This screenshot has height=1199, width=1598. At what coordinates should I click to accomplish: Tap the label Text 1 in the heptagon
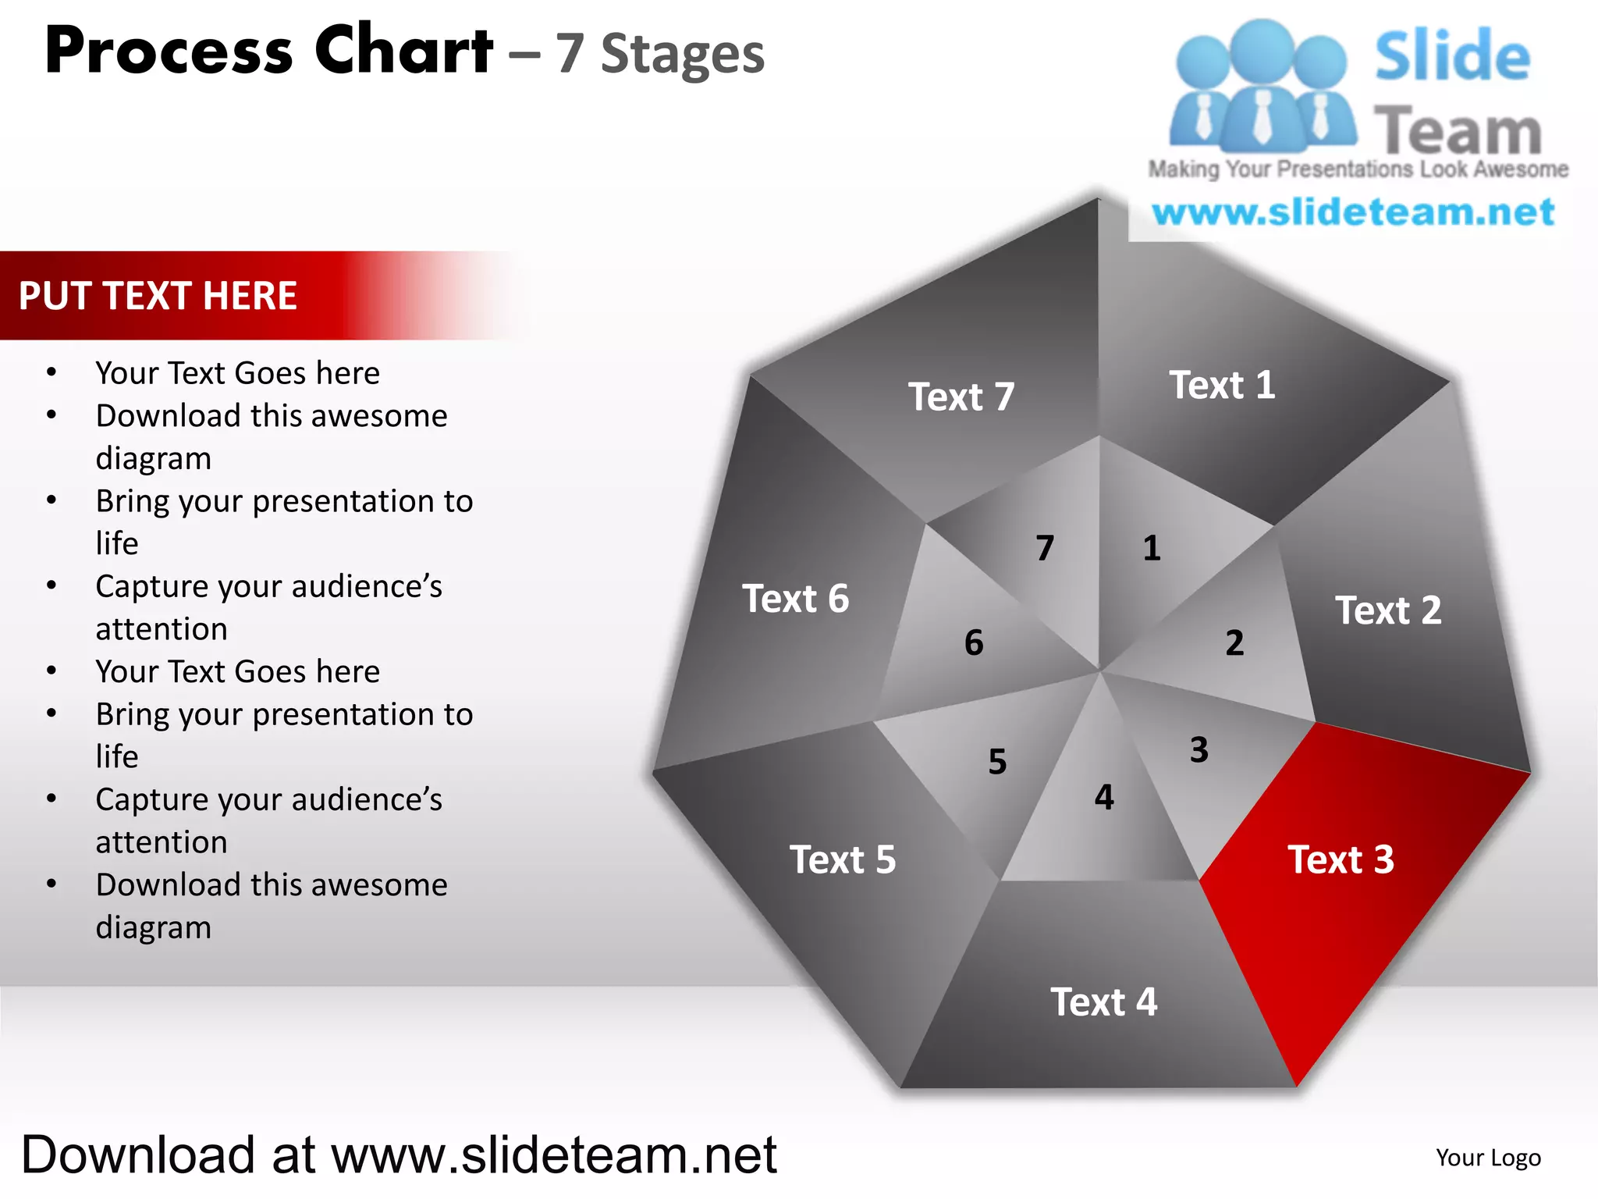(1222, 385)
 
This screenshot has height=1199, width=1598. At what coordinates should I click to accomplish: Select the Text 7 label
(961, 397)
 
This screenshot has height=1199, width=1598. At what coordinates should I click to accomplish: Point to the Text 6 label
(795, 599)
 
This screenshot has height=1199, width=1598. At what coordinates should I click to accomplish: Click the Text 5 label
(843, 859)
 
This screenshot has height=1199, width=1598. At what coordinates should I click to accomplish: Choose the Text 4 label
(1103, 1002)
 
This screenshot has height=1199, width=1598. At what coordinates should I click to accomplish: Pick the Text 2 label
(1388, 610)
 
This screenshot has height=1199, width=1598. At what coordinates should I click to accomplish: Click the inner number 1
(1152, 548)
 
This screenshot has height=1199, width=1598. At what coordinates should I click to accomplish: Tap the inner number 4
(1104, 797)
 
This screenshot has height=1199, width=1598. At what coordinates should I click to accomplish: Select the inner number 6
(974, 643)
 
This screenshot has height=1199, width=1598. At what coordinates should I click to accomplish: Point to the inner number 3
(1199, 750)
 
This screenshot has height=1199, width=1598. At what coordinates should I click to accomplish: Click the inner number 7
(1045, 548)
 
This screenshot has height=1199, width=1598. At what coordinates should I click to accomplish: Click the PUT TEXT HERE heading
(158, 296)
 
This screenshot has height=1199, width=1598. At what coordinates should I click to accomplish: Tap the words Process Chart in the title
(269, 52)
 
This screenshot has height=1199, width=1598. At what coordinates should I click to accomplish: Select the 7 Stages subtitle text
(660, 55)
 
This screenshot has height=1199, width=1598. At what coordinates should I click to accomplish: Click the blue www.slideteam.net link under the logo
(1353, 212)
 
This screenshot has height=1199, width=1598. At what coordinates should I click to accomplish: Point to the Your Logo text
(1488, 1158)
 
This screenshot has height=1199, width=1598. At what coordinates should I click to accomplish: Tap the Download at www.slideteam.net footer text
(399, 1155)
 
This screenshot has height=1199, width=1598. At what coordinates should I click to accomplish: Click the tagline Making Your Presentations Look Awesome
(1358, 169)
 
